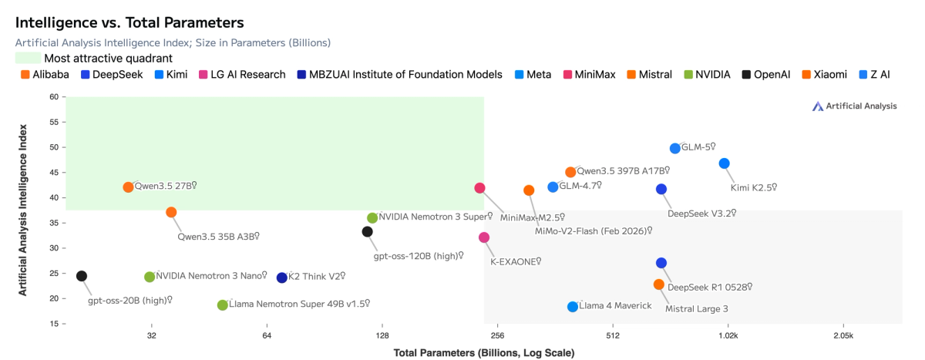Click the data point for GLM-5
(675, 148)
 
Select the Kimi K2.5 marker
(724, 163)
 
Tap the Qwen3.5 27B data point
(128, 187)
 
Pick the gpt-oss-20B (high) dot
(82, 276)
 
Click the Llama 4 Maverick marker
(573, 307)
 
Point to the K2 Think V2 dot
(282, 278)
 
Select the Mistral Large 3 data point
(658, 284)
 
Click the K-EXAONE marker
(484, 237)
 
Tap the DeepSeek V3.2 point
(661, 190)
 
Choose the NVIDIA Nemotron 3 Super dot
(372, 218)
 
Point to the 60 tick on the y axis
(53, 97)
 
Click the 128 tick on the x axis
(382, 336)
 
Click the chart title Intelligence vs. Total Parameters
(129, 23)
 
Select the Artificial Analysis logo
(854, 106)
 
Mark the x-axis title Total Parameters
(484, 353)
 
